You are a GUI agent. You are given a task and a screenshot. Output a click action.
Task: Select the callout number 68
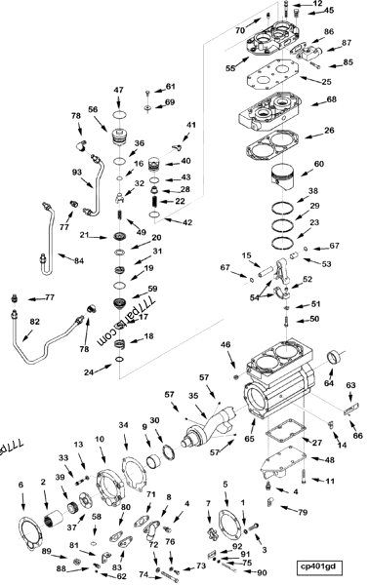coord(331,100)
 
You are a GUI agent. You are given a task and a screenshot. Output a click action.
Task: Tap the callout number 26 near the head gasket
coord(331,131)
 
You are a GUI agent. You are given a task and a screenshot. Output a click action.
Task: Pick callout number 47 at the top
coord(118,91)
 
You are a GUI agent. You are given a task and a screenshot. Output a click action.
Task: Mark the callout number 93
coord(76,173)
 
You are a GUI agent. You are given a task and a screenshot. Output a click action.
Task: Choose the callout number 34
coord(124,425)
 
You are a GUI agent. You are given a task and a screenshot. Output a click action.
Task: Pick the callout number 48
coord(329,459)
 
